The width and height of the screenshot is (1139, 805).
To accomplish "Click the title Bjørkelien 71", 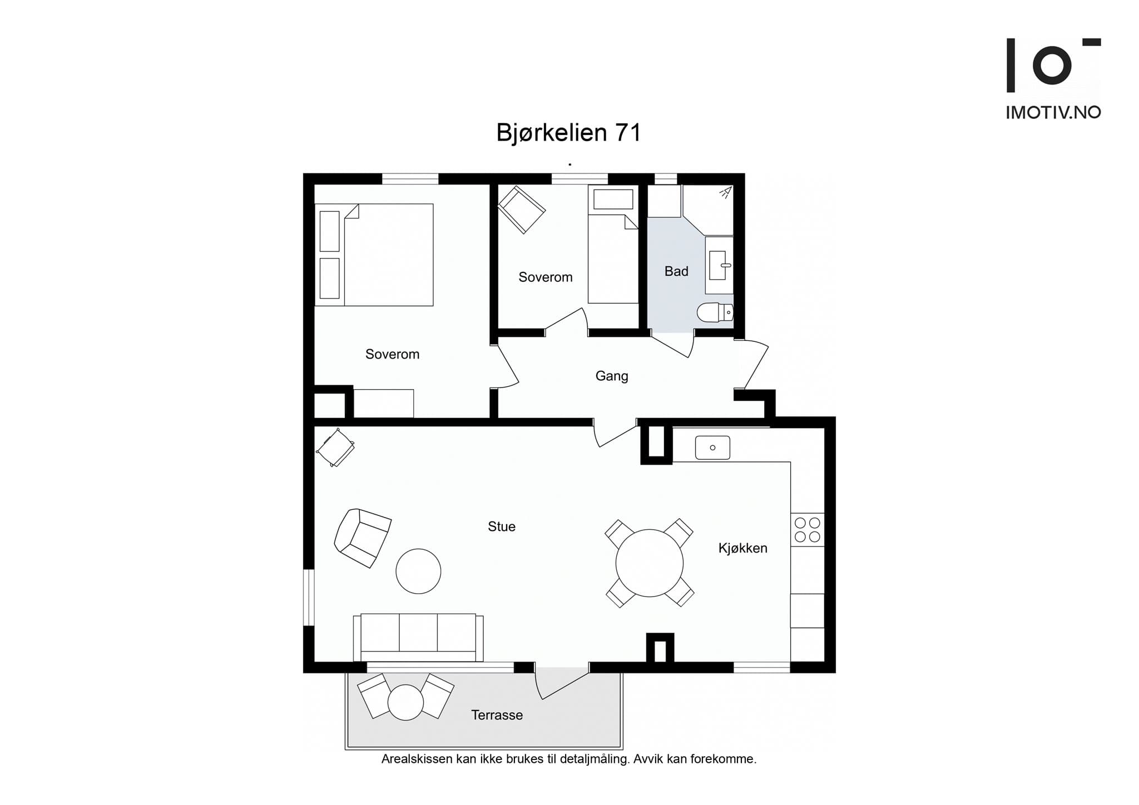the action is pos(568,133).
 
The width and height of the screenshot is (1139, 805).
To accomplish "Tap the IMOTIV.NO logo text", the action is pos(1053,112).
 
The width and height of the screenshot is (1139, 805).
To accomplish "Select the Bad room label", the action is pos(676,271).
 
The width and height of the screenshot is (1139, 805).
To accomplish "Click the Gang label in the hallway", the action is pos(612,376).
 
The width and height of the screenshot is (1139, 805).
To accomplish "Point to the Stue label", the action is pos(502,526).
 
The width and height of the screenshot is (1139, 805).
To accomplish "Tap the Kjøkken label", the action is pos(742,548).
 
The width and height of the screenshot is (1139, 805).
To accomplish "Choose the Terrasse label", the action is pos(497,715).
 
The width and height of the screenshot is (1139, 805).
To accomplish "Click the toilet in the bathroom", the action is pos(715,312).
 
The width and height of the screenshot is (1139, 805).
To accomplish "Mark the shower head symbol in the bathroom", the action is pos(725,192).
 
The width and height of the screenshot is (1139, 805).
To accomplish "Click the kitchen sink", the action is pos(712,448).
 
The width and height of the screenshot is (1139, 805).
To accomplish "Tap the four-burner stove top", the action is pos(808,530).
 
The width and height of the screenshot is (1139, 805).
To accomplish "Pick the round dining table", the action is pos(650,563).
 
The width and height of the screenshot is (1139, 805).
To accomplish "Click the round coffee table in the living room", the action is pos(418,571).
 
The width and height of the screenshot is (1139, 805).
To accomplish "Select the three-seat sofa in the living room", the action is pos(418,637).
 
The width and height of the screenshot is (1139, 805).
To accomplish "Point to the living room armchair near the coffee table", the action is pos(363,538).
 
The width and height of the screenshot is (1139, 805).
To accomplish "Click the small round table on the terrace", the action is pos(405,703).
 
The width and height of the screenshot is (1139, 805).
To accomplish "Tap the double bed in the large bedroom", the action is pos(374,255).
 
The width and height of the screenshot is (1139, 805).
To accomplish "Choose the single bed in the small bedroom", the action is pos(613,244).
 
